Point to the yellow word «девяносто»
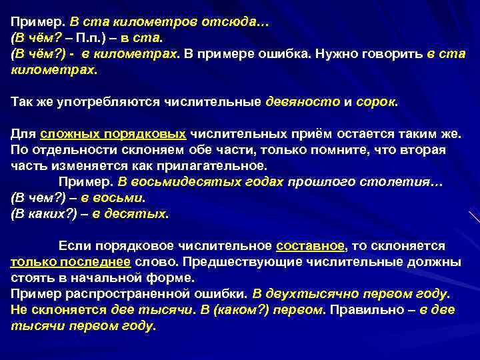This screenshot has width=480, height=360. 303,103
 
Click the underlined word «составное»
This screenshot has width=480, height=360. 310,247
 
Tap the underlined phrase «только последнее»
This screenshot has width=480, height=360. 70,263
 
